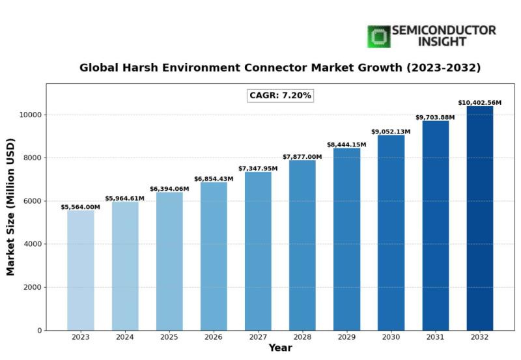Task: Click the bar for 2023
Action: point(80,270)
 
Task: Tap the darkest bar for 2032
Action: point(480,218)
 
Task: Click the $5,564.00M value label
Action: point(80,207)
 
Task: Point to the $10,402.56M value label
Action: point(480,103)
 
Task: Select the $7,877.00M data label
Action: point(302,157)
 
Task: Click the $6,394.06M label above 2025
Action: point(169,189)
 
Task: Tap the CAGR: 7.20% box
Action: point(281,96)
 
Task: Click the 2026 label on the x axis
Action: point(214,337)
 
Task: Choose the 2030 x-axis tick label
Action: point(391,337)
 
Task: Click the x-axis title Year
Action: point(280,349)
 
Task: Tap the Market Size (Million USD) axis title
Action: point(11,206)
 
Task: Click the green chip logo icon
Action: point(378,36)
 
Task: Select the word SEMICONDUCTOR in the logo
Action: point(444,31)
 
